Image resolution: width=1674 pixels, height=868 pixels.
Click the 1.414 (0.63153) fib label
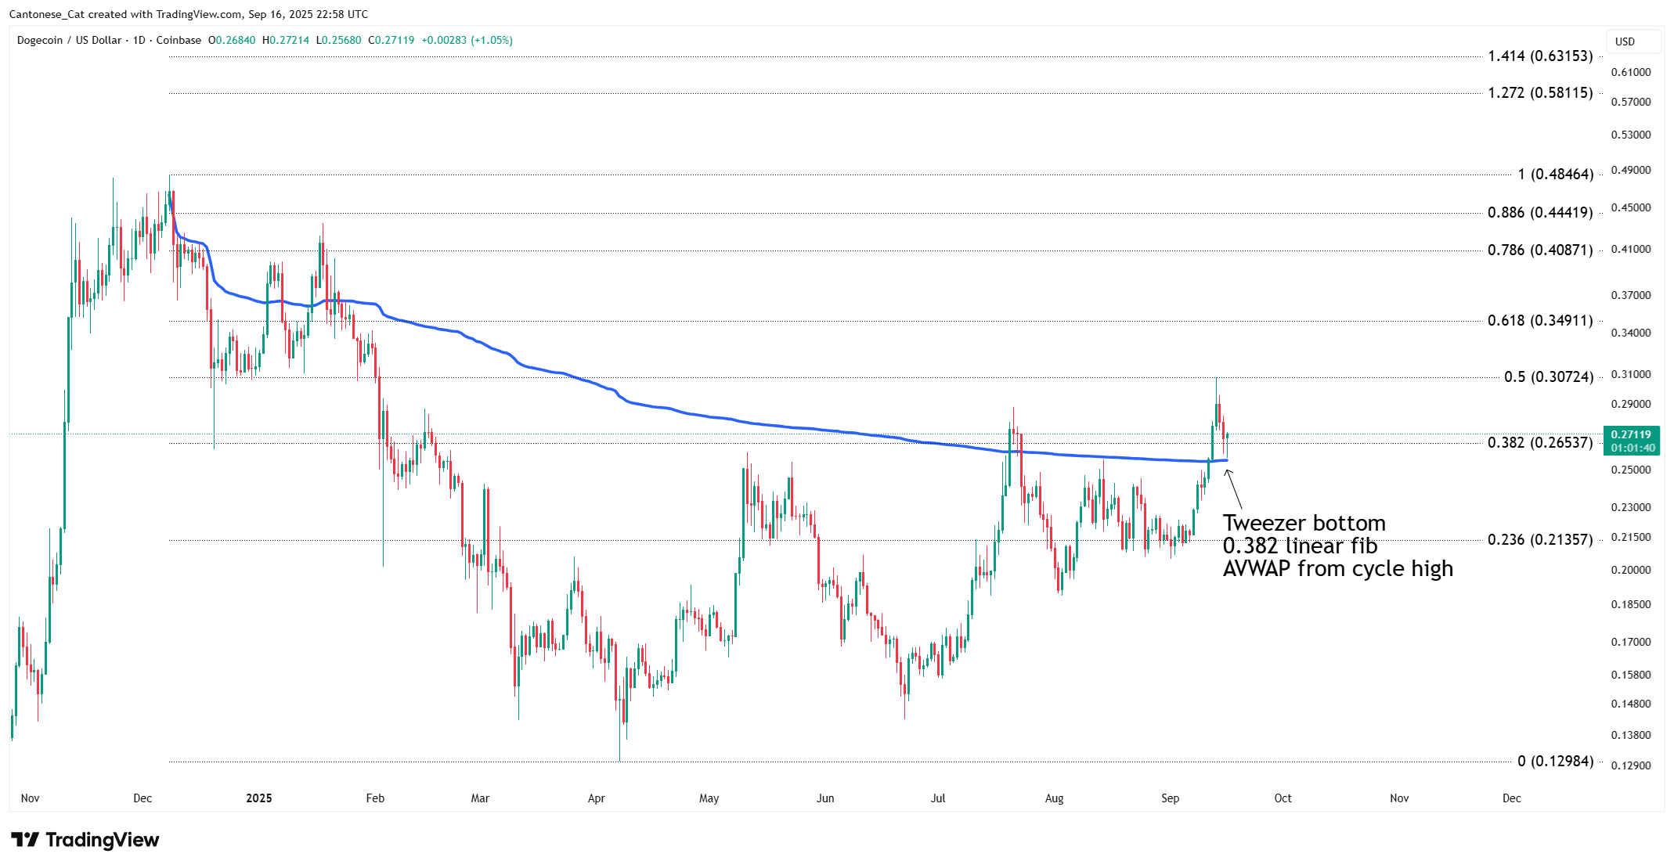1539,56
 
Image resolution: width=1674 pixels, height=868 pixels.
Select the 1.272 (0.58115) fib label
1539,93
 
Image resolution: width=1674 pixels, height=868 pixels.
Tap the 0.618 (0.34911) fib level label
1539,321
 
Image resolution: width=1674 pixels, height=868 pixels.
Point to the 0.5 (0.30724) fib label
1548,377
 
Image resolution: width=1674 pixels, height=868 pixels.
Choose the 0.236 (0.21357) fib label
1539,540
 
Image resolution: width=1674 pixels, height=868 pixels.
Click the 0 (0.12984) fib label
1555,762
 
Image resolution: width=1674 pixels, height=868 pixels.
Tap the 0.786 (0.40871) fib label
1539,250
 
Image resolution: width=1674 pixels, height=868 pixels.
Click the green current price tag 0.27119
1631,435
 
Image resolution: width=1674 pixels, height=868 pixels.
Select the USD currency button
1625,41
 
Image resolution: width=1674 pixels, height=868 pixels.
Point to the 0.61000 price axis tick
1630,73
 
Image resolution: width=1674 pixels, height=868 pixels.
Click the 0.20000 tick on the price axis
1630,571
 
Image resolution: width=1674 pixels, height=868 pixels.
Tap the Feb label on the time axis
375,798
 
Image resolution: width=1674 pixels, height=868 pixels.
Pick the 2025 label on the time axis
258,798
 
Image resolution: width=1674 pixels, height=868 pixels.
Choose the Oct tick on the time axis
1283,798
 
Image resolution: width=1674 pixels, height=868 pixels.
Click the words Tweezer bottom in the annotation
1304,524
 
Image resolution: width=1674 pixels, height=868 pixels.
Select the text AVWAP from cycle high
1337,569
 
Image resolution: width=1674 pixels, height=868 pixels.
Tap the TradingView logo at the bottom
85,840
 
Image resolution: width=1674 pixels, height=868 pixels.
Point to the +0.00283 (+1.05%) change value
467,41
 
